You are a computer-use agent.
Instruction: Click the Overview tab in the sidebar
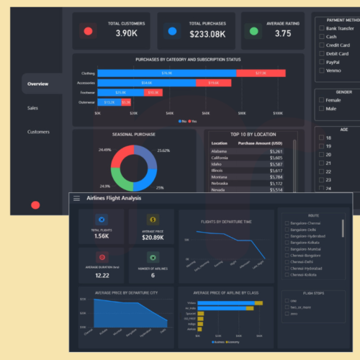(37, 84)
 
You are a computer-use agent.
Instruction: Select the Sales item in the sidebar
(33, 108)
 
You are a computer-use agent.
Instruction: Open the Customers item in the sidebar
(38, 132)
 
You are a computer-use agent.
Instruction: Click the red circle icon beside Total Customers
(88, 31)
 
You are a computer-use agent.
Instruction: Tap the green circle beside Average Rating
(254, 31)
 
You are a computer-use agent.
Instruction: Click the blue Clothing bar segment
(166, 73)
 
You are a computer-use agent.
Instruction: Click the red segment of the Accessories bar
(214, 83)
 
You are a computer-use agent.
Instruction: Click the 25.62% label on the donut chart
(163, 150)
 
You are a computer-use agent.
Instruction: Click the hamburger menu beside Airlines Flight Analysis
(76, 198)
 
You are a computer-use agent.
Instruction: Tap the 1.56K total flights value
(102, 235)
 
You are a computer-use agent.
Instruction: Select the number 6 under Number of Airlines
(152, 274)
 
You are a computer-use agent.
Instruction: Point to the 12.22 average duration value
(102, 274)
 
